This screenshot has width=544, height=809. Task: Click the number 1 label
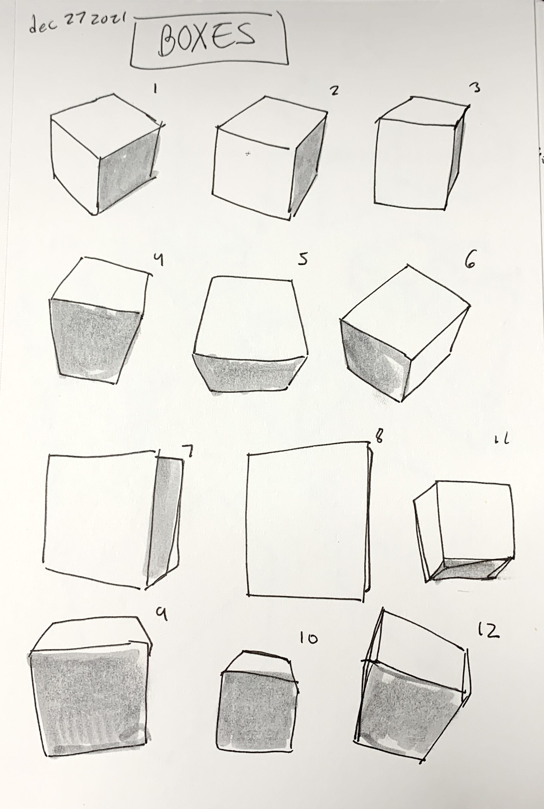[x=155, y=90]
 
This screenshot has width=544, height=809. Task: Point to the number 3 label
[x=477, y=88]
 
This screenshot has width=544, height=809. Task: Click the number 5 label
[x=303, y=260]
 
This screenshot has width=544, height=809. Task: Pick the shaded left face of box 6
[x=376, y=361]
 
